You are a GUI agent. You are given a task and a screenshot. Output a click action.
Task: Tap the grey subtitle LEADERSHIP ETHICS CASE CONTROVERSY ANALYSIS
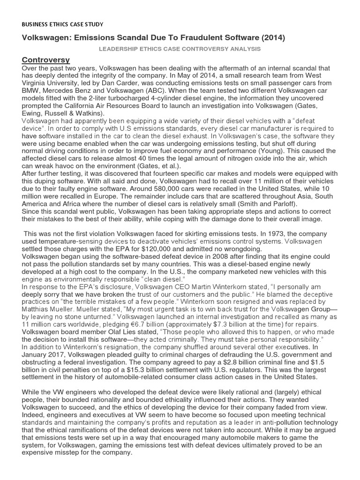pos(180,49)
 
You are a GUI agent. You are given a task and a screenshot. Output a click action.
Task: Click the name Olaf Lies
pos(122,332)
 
